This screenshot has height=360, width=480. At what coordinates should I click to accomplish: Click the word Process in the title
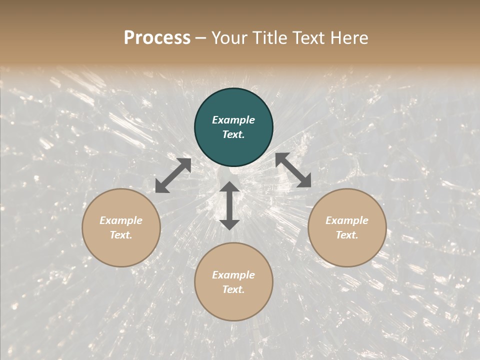pyautogui.click(x=157, y=38)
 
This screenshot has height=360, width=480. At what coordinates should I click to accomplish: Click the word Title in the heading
pyautogui.click(x=267, y=38)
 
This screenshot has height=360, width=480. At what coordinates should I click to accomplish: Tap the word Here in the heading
pyautogui.click(x=348, y=38)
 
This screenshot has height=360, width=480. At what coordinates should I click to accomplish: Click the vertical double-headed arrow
pyautogui.click(x=229, y=205)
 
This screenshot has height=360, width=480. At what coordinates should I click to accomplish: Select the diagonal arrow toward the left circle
pyautogui.click(x=173, y=175)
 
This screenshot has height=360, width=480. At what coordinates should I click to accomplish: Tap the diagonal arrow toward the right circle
pyautogui.click(x=293, y=170)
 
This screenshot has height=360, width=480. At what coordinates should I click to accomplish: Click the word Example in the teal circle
pyautogui.click(x=233, y=120)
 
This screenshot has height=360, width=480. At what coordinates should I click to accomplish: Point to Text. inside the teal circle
pyautogui.click(x=233, y=134)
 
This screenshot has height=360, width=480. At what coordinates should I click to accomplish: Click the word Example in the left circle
pyautogui.click(x=121, y=220)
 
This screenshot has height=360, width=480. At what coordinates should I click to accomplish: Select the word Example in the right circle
pyautogui.click(x=347, y=220)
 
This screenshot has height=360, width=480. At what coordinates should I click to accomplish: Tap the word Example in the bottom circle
pyautogui.click(x=233, y=275)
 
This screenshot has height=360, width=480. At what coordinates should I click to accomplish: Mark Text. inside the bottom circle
pyautogui.click(x=233, y=289)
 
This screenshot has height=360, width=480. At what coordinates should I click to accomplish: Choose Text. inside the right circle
pyautogui.click(x=347, y=235)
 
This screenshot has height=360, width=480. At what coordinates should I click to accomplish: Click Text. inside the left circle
pyautogui.click(x=121, y=235)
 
